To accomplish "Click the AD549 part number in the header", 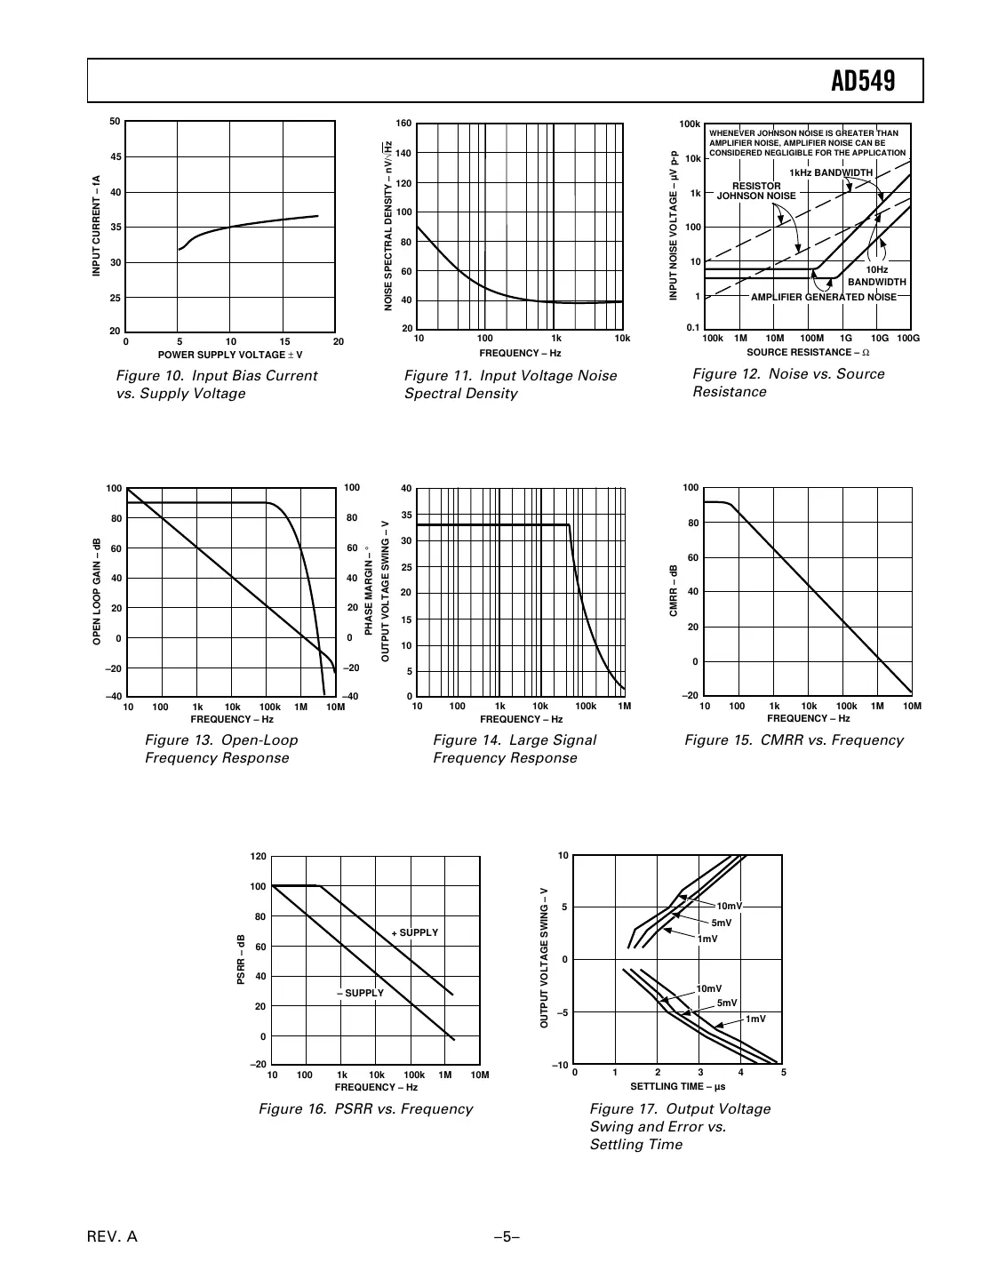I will [862, 82].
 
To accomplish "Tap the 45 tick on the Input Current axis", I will [115, 157].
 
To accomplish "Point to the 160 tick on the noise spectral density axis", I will [403, 124].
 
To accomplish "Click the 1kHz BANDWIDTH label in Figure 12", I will [830, 172].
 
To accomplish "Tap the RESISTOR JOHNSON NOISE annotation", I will [756, 191].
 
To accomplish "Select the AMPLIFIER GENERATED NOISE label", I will [823, 297].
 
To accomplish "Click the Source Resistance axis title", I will [807, 353].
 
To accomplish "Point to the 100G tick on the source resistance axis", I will [907, 339].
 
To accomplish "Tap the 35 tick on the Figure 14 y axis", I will [405, 515].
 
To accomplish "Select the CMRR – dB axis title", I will [674, 591].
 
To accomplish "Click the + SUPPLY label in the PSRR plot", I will [414, 932].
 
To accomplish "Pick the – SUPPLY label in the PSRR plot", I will [360, 993].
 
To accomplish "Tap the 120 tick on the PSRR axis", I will [258, 857].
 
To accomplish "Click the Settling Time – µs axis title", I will [677, 1086].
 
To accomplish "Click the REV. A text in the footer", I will [112, 1237].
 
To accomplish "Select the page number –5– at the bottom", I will [506, 1237].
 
